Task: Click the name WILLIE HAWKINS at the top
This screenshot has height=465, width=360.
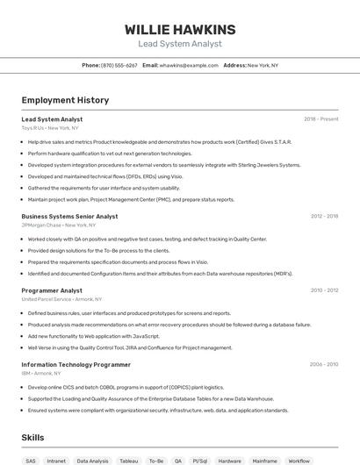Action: click(x=180, y=29)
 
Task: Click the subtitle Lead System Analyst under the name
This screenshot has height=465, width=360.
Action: click(x=180, y=44)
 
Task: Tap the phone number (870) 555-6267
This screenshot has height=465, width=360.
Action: click(x=119, y=66)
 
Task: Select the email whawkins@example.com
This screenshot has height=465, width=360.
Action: click(x=189, y=66)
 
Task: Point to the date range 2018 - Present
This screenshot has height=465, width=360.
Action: click(x=320, y=119)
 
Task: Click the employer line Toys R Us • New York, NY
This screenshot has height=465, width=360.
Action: click(x=50, y=128)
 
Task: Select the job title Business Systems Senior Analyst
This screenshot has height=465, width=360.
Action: click(x=69, y=216)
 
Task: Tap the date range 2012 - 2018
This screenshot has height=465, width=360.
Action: click(x=324, y=216)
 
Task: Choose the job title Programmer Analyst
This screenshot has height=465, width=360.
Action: click(x=52, y=290)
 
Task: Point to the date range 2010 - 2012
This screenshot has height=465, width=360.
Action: click(x=324, y=290)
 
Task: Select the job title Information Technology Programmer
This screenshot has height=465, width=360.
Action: click(x=76, y=364)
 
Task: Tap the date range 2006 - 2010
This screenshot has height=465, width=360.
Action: click(x=324, y=364)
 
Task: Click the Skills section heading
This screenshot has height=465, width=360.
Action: click(x=32, y=438)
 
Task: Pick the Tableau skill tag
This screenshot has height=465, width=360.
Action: click(x=129, y=461)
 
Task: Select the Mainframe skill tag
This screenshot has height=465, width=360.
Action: click(x=264, y=461)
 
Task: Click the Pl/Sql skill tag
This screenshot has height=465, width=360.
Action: click(x=200, y=461)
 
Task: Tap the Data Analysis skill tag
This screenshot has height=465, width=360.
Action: click(x=92, y=461)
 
